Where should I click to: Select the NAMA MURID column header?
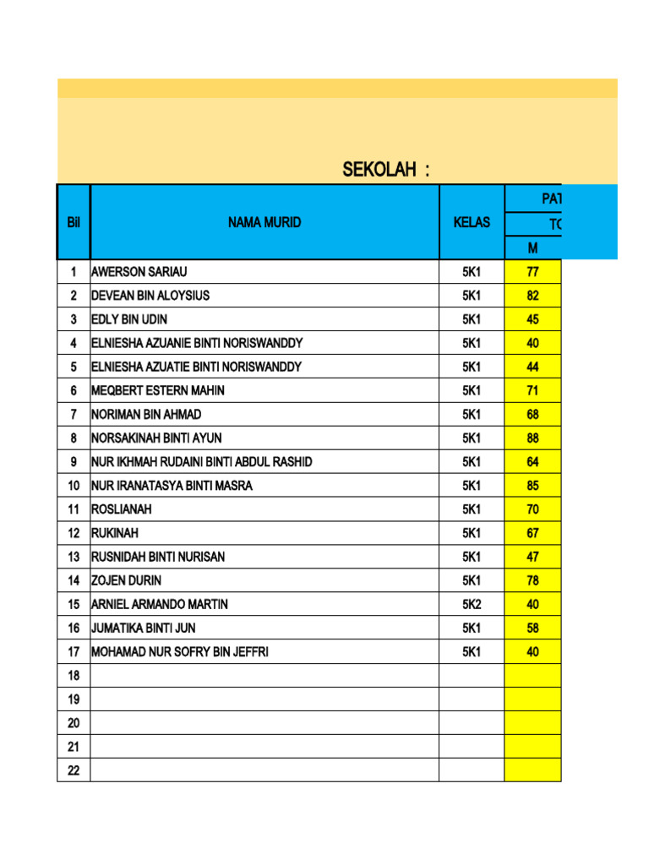(264, 223)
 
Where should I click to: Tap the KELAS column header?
(471, 223)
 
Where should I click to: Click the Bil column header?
(74, 223)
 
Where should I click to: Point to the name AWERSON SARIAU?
(139, 272)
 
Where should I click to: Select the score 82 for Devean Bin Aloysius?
(532, 296)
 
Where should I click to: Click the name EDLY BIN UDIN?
(129, 319)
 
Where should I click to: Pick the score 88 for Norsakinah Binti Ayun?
(532, 438)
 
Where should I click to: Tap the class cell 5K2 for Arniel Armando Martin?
(471, 605)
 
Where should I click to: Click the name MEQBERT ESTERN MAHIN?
(158, 391)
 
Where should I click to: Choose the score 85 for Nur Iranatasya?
(532, 486)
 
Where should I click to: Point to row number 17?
(74, 652)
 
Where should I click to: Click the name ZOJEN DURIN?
(126, 581)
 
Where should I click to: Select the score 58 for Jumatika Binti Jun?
(532, 628)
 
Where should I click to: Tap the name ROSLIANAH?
(122, 509)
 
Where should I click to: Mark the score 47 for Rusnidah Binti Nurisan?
(532, 558)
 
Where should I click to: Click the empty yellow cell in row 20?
(532, 723)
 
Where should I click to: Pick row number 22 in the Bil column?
(74, 770)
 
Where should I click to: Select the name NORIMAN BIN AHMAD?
(146, 415)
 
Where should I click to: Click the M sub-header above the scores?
(532, 248)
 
